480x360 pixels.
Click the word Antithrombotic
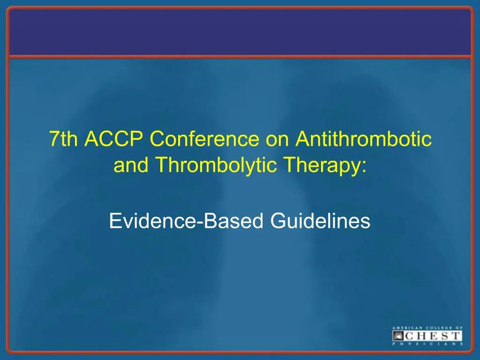[x=364, y=139]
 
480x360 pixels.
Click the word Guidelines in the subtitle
[x=320, y=220]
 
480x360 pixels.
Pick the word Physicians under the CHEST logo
[x=427, y=344]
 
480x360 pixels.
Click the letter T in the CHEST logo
[x=455, y=336]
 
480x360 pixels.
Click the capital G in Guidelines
[x=278, y=220]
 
